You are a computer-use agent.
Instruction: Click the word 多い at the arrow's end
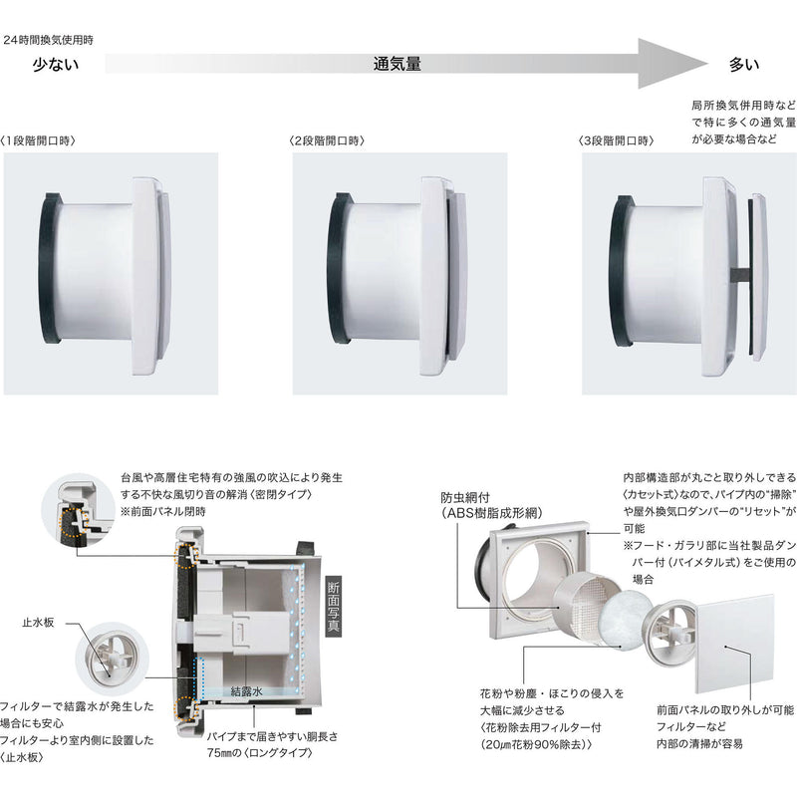click(x=743, y=66)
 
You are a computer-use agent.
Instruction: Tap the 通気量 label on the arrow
click(x=397, y=65)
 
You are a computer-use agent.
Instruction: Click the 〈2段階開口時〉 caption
click(x=326, y=140)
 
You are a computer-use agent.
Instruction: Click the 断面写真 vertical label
click(x=333, y=607)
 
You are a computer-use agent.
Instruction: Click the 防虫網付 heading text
click(x=467, y=497)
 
